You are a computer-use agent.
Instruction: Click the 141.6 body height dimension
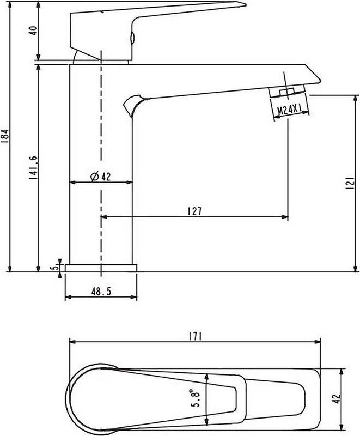point(33,167)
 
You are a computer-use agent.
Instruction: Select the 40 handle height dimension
point(33,31)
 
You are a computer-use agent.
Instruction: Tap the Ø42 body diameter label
point(101,176)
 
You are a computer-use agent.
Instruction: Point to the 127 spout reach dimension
point(194,211)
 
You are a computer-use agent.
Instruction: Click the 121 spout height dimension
point(351,183)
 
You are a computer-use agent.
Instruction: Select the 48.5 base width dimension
point(101,292)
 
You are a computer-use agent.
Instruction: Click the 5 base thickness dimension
point(55,267)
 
